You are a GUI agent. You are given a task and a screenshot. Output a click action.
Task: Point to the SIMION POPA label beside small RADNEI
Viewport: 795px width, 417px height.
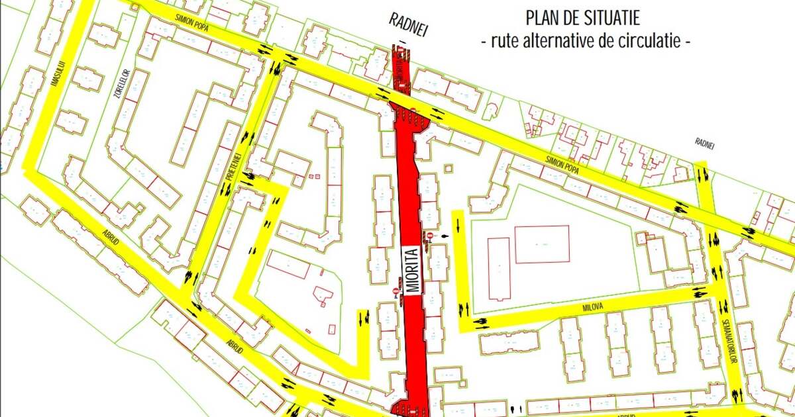(x=562, y=165)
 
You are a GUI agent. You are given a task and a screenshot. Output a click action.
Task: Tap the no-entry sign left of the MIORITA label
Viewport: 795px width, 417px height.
(x=396, y=291)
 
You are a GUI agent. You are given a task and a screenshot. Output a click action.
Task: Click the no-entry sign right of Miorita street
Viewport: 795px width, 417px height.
(x=429, y=236)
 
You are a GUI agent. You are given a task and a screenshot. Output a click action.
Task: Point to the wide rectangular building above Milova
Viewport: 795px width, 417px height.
(x=542, y=244)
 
